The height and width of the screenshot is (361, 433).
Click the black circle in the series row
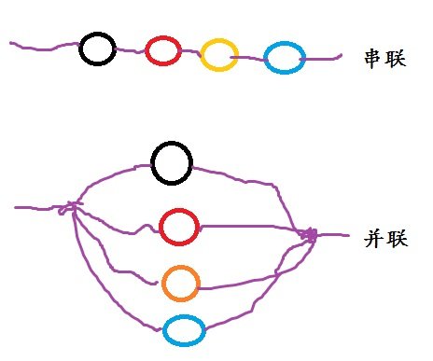(x=97, y=49)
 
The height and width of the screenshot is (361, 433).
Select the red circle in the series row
(x=162, y=50)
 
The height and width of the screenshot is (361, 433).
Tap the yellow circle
(x=219, y=55)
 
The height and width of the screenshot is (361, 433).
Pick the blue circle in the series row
(x=284, y=59)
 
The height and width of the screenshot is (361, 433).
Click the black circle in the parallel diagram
(x=172, y=163)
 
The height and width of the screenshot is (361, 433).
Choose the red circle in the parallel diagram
(x=177, y=227)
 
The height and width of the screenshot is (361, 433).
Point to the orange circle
(x=180, y=283)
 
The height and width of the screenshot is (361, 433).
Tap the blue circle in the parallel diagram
(x=184, y=329)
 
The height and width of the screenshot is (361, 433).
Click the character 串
(x=372, y=58)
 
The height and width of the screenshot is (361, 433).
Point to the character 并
(x=372, y=239)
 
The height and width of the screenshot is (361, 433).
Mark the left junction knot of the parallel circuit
(x=70, y=207)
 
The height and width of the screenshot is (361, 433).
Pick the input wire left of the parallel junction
(x=37, y=207)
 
